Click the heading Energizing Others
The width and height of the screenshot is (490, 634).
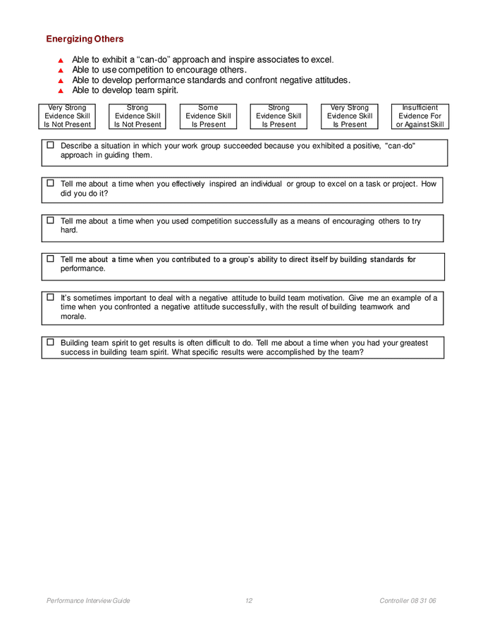[x=85, y=39]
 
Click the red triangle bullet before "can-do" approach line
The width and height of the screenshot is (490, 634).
[x=61, y=61]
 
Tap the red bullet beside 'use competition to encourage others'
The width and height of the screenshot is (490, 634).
[x=61, y=70]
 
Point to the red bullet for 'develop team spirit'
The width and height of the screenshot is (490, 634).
[x=61, y=91]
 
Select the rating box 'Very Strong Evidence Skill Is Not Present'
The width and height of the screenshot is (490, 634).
[x=67, y=116]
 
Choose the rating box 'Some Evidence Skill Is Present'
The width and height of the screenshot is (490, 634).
[x=208, y=116]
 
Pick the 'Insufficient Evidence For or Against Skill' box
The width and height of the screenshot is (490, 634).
[x=419, y=116]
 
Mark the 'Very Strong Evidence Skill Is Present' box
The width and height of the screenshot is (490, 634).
[x=350, y=116]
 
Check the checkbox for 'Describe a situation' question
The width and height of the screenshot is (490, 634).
[x=50, y=144]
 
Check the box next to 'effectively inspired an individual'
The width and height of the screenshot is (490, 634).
[x=50, y=183]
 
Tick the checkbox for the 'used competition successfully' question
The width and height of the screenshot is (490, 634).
[x=50, y=220]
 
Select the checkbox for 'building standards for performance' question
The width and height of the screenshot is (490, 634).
[x=50, y=259]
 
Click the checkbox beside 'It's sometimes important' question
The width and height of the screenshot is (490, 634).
[x=50, y=297]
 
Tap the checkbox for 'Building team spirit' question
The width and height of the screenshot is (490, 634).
[x=50, y=342]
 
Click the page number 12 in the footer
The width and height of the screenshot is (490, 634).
[x=249, y=601]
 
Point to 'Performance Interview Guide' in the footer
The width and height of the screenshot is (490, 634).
[x=88, y=601]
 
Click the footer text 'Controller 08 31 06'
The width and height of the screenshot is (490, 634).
[x=408, y=601]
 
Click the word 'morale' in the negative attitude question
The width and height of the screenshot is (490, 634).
[x=73, y=316]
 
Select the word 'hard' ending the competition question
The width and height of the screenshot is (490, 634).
[x=68, y=230]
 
